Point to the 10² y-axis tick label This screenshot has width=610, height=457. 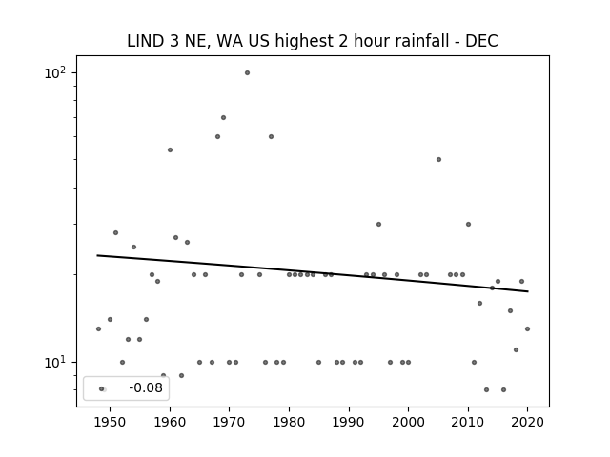click(x=55, y=72)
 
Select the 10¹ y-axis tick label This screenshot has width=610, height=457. click(x=55, y=362)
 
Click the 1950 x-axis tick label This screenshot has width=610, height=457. click(x=111, y=422)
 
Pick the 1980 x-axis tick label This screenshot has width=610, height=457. click(x=289, y=422)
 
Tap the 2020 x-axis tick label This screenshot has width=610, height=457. click(x=527, y=422)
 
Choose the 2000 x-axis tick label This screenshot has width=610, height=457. click(x=408, y=422)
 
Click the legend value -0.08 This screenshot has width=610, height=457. click(x=146, y=387)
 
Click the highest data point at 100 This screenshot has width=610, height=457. click(x=247, y=72)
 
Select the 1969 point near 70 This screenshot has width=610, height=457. click(x=223, y=117)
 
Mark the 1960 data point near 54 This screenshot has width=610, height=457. click(x=170, y=150)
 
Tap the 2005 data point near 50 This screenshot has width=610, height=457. click(x=438, y=159)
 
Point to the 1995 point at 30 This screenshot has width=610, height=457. click(x=379, y=225)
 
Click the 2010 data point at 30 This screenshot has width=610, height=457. click(x=468, y=225)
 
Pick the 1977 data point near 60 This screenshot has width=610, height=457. click(x=271, y=136)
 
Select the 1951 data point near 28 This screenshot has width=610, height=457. click(x=115, y=232)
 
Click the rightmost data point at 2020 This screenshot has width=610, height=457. click(x=527, y=328)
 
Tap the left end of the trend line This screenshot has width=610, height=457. click(x=97, y=255)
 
